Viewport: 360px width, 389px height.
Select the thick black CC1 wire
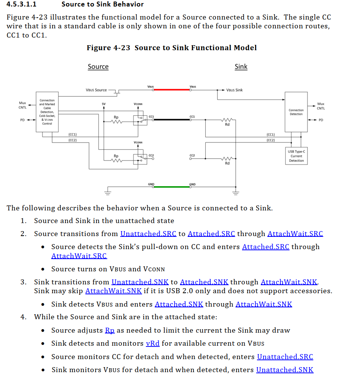click(172, 120)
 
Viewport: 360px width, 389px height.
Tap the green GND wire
click(172, 187)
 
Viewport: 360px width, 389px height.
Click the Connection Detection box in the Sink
click(296, 112)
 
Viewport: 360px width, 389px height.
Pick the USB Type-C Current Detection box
click(296, 156)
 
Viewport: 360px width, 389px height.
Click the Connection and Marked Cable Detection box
click(47, 112)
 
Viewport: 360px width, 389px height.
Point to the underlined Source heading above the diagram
click(98, 67)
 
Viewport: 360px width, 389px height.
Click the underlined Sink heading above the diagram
click(241, 67)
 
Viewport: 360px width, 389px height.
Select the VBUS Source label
click(96, 90)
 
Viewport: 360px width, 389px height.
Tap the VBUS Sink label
click(234, 90)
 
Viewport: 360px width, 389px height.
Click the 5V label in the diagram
click(103, 104)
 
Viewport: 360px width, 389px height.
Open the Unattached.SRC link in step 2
click(148, 234)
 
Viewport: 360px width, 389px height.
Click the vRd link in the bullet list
click(153, 343)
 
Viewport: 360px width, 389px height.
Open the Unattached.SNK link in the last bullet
click(285, 370)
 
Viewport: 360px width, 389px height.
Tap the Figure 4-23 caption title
click(172, 48)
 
